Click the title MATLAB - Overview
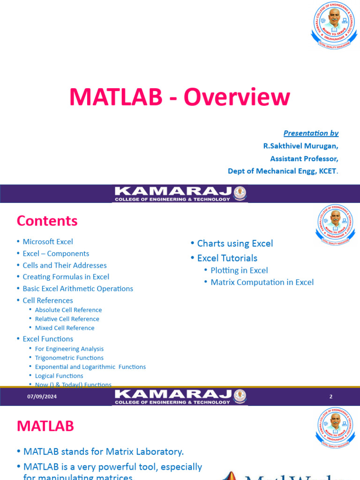coord(180,97)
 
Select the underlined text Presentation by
coord(311,133)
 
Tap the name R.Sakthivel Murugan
coord(300,146)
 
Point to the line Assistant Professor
coord(304,158)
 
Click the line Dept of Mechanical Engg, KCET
coord(283,171)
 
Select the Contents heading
coord(47,221)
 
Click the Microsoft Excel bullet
coord(48,242)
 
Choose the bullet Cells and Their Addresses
coord(65,265)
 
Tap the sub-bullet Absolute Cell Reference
coord(68,310)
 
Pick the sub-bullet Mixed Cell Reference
coord(65,328)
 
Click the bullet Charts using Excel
coord(235,243)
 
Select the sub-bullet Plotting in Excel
coord(239,270)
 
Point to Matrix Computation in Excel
coord(262,282)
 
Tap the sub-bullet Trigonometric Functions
coord(69,358)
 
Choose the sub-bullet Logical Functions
coord(59,376)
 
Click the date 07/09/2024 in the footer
coord(42,397)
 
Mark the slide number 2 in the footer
coord(330,397)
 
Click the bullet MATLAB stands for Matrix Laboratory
coord(104,452)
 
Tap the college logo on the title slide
coord(335,26)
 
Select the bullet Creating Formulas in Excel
coord(66,277)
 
